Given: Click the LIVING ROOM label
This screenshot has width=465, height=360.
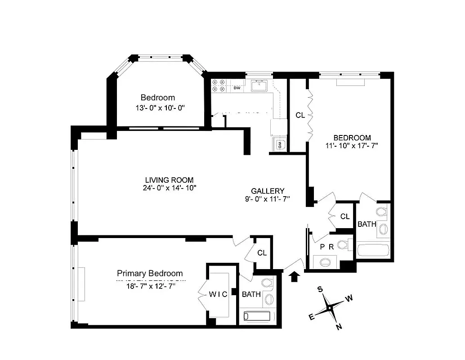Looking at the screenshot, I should click(x=166, y=180).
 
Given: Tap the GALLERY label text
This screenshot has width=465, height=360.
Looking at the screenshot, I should click(x=268, y=190).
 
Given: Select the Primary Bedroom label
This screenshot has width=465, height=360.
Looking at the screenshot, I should click(x=150, y=273).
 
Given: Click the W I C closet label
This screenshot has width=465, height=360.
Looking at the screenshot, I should click(x=218, y=294).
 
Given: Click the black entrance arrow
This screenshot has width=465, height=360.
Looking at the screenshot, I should click(x=295, y=276).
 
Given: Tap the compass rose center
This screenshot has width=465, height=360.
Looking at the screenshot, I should click(x=330, y=308).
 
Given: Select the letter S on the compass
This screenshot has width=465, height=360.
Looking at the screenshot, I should click(x=320, y=289).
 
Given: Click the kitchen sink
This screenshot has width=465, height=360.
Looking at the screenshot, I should click(x=259, y=85).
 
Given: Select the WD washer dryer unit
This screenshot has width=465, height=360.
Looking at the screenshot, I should click(x=279, y=144).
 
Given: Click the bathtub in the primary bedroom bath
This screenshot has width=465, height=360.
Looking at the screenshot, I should click(x=259, y=316).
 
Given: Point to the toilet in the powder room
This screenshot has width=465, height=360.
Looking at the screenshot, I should click(x=344, y=245).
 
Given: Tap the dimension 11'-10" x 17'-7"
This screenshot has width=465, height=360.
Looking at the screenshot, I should click(x=352, y=145).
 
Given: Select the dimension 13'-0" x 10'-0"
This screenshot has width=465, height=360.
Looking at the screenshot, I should click(x=157, y=108).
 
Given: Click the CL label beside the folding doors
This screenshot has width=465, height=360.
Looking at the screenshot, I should click(x=300, y=115).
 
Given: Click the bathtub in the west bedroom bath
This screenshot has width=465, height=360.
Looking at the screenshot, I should click(x=374, y=249).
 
